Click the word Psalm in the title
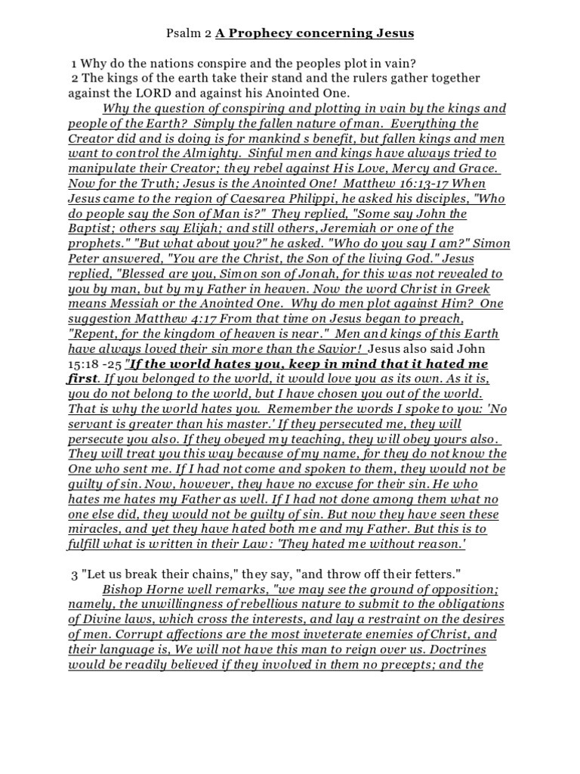point(180,34)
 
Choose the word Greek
point(472,289)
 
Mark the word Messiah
point(133,305)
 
